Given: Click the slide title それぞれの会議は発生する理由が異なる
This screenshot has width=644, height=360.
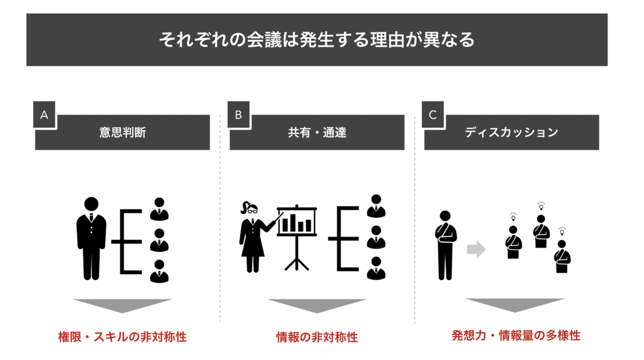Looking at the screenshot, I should tap(317, 40).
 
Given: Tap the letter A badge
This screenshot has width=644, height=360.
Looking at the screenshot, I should tap(44, 115).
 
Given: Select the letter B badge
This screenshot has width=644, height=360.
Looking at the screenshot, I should tap(238, 115).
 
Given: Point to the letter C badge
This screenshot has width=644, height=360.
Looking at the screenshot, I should tap(433, 115).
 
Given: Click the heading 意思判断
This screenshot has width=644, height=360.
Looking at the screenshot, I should tap(122, 133).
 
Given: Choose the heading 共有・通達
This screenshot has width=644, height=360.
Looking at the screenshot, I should tap(317, 133).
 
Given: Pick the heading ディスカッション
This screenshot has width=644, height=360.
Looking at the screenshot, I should tap(511, 133).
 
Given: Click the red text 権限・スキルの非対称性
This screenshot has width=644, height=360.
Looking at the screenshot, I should tap(122, 337).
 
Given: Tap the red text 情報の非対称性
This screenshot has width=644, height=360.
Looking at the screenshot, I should tap(317, 337).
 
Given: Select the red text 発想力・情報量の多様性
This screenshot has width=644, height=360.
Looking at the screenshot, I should tap(516, 336).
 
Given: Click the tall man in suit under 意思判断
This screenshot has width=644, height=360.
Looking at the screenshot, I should tap(91, 239).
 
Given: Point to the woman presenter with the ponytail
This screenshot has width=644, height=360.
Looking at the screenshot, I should tap(251, 236).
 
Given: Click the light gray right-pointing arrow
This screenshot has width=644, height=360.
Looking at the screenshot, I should tap(476, 249).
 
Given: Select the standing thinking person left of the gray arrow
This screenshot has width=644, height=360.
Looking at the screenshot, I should tap(445, 245).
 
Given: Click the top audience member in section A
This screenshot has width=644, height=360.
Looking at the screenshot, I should tap(159, 209).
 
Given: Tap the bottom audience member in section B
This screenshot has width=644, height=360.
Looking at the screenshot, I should tap(376, 268).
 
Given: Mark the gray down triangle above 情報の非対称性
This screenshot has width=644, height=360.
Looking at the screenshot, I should tap(317, 306).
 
